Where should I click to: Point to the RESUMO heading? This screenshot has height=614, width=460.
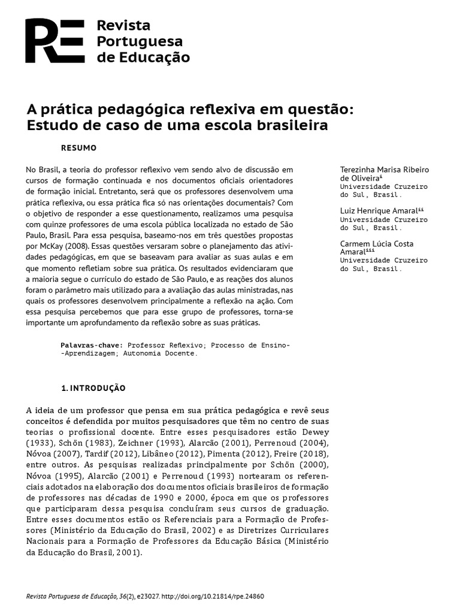click(x=79, y=147)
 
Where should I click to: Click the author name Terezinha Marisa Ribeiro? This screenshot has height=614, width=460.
click(x=385, y=170)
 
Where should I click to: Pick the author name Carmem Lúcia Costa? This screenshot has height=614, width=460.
click(x=377, y=244)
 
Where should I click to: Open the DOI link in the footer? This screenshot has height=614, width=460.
click(x=212, y=597)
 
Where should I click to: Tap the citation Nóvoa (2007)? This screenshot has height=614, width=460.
click(x=53, y=454)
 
